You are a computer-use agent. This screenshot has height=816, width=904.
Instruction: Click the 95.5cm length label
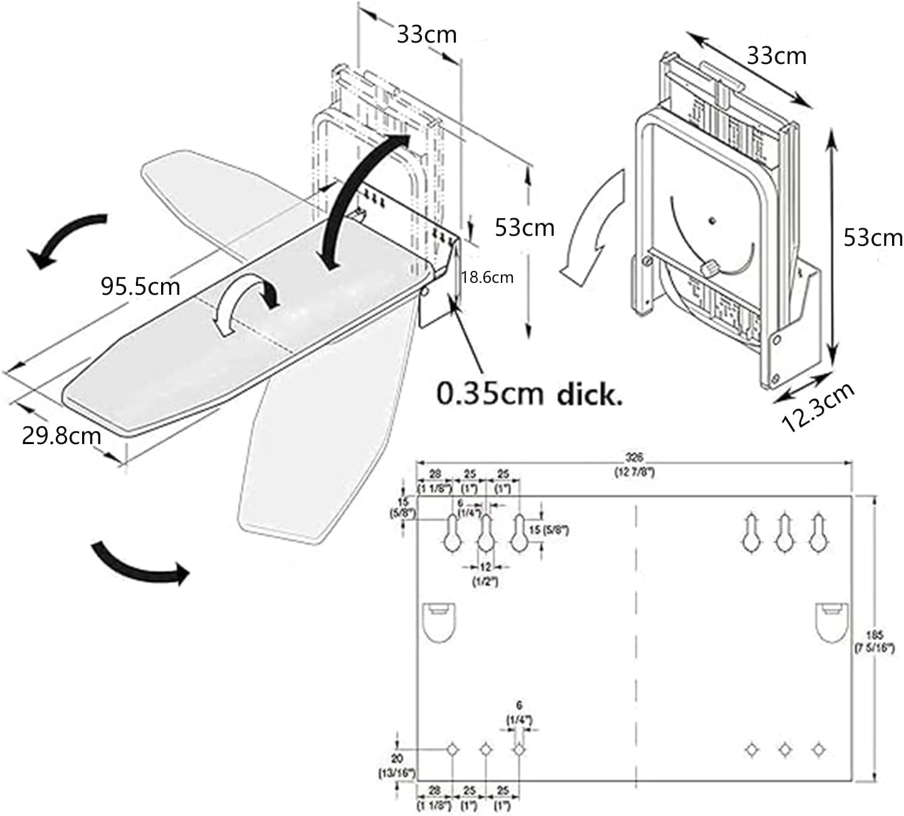pos(140,287)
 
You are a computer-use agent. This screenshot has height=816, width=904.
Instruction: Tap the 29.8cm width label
pos(61,435)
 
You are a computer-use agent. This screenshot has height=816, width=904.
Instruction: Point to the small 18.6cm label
pos(487,277)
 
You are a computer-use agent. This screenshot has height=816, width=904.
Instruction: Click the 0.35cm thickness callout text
pos(529,395)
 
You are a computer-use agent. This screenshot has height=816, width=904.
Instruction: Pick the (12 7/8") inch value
pos(634,472)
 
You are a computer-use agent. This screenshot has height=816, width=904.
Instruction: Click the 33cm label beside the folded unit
pos(776,56)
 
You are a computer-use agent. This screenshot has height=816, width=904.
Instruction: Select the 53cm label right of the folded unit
pos(873,238)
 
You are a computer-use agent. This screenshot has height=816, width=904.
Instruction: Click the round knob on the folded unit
pos(709,268)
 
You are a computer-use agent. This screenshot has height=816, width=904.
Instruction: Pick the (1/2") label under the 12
pos(485,581)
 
